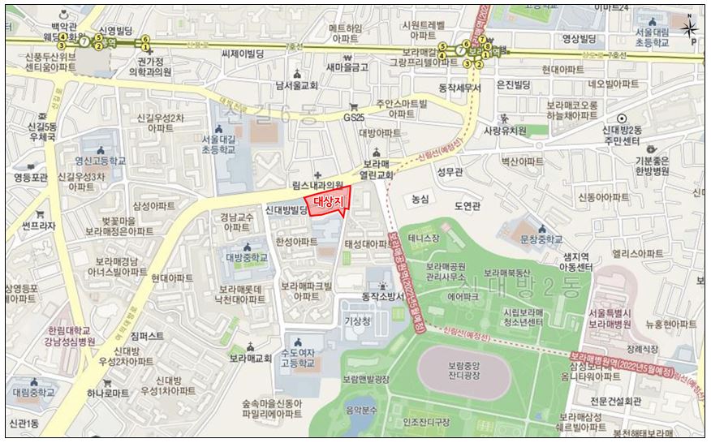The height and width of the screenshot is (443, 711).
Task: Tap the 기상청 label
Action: click(x=357, y=321)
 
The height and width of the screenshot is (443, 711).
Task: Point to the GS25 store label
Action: click(x=353, y=118)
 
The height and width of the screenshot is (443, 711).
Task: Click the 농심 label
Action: click(x=420, y=198)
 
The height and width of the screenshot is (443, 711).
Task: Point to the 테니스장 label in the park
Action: click(x=424, y=238)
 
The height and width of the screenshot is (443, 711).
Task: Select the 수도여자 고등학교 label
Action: click(x=300, y=359)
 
